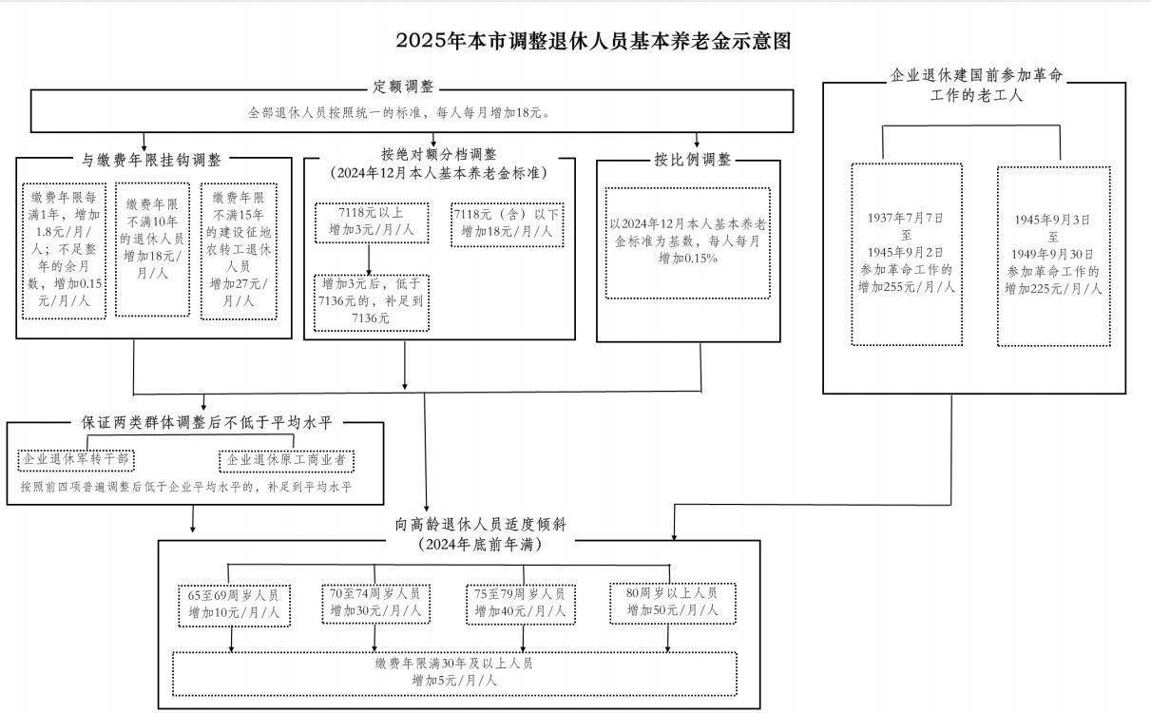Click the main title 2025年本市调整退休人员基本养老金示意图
pyautogui.click(x=593, y=41)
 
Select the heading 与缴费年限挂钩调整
pyautogui.click(x=151, y=160)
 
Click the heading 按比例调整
pyautogui.click(x=692, y=160)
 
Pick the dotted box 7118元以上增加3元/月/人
pyautogui.click(x=371, y=222)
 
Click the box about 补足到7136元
pyautogui.click(x=371, y=301)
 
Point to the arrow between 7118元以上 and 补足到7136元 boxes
pyautogui.click(x=369, y=259)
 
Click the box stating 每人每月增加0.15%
pyautogui.click(x=687, y=241)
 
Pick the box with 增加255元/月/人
pyautogui.click(x=906, y=253)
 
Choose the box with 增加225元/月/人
pyautogui.click(x=1053, y=255)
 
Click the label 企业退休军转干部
pyautogui.click(x=77, y=460)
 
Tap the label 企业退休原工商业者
pyautogui.click(x=286, y=460)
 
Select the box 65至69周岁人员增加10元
pyautogui.click(x=234, y=604)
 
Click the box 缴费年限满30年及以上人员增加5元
pyautogui.click(x=454, y=672)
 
